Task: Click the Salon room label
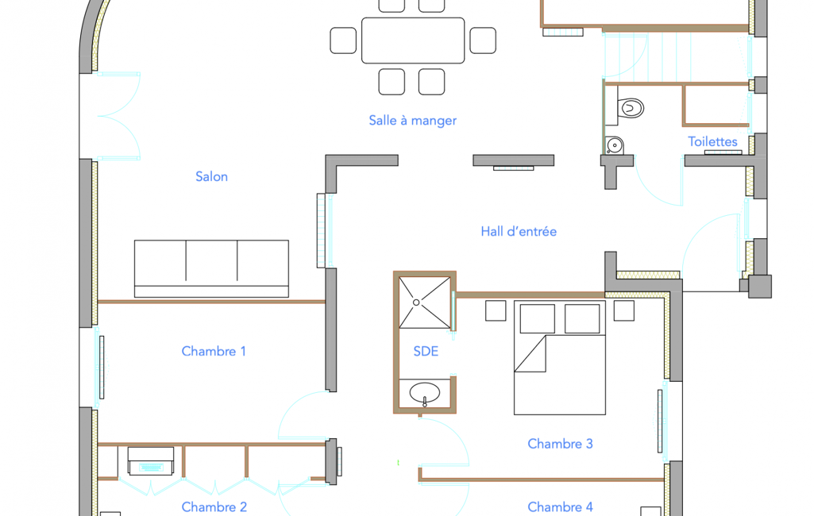(211, 176)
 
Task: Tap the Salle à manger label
(413, 121)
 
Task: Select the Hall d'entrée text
(519, 231)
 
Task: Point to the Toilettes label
(712, 141)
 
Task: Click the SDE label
(426, 352)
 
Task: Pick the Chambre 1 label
(214, 352)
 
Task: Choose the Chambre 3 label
(560, 444)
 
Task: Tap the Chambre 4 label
(560, 507)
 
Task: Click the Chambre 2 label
(214, 507)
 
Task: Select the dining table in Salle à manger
(413, 40)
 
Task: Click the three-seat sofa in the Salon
(211, 269)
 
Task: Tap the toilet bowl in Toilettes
(631, 108)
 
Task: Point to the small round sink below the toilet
(615, 145)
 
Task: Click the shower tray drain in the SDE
(416, 302)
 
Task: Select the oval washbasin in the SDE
(425, 393)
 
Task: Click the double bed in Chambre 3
(560, 358)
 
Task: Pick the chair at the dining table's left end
(343, 40)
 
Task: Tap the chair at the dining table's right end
(483, 40)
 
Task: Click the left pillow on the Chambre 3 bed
(538, 319)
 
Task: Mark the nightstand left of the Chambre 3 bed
(496, 311)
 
